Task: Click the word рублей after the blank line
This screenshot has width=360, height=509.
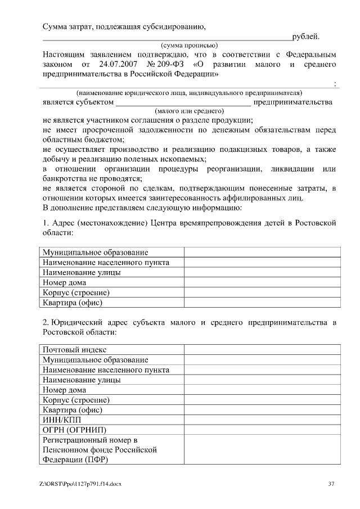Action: [305, 37]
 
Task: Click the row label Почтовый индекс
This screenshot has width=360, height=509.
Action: [74, 350]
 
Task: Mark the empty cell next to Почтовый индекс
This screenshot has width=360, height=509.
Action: [262, 350]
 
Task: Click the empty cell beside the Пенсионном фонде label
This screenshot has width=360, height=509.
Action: [262, 450]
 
